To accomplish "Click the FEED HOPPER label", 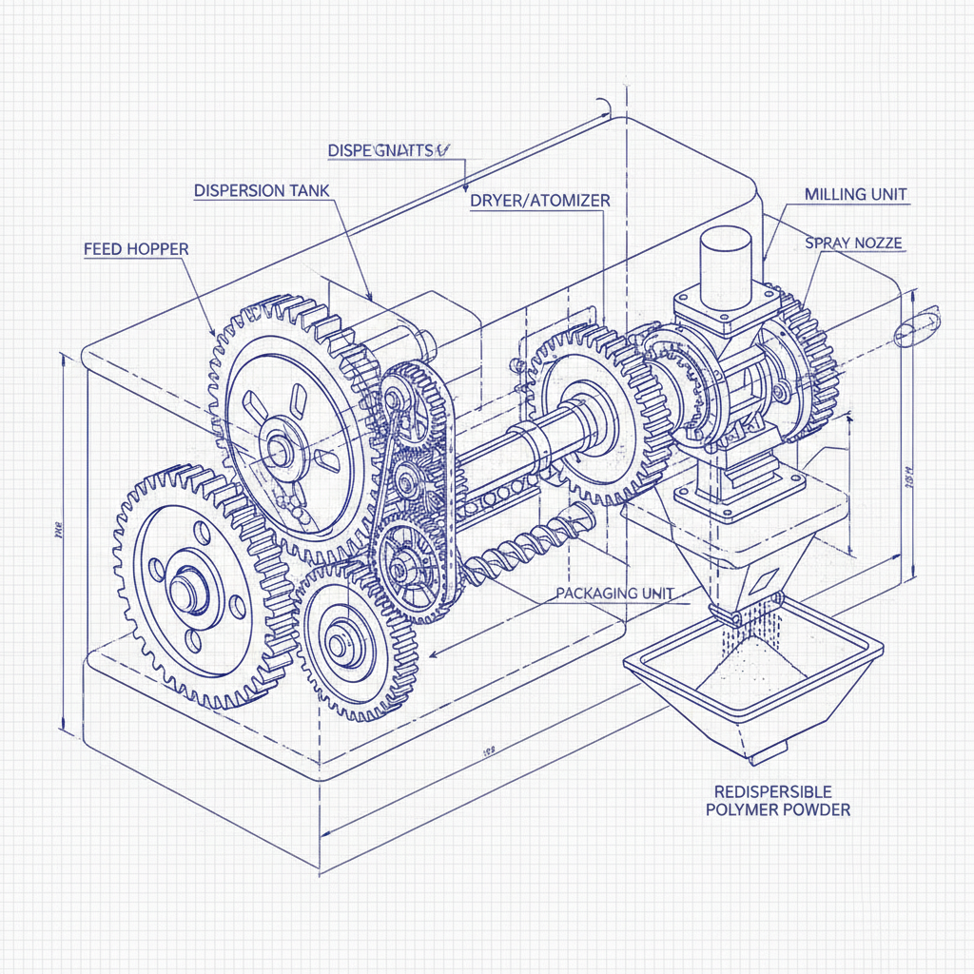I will click(136, 249).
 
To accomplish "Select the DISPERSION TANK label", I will click(262, 190).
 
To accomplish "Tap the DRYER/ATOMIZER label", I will click(539, 201).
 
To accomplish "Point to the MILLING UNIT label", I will click(855, 194).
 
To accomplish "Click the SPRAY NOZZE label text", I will click(853, 243).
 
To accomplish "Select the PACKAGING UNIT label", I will click(614, 593).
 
